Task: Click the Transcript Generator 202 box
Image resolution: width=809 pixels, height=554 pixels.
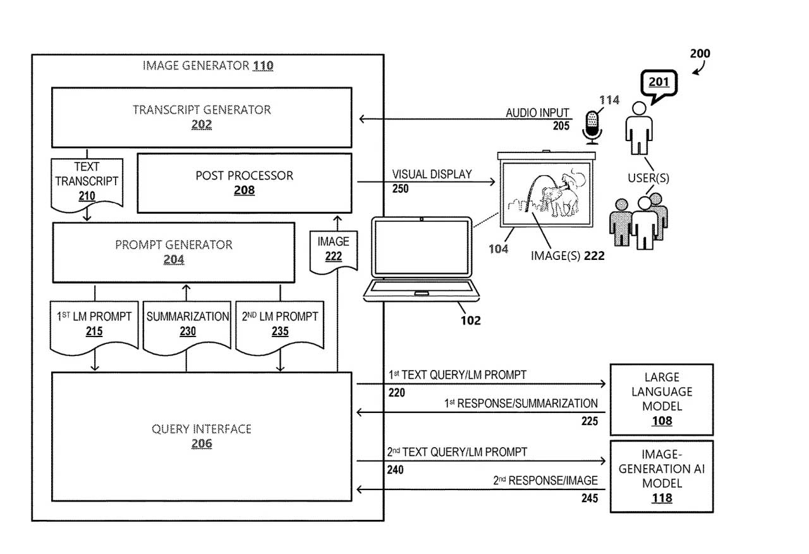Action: (202, 118)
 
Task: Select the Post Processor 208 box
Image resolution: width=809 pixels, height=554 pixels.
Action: (244, 182)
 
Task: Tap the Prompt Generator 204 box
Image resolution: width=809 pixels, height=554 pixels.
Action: (173, 252)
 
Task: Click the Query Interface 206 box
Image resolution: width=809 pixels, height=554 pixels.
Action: (201, 436)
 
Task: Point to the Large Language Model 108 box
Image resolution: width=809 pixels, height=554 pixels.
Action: (661, 399)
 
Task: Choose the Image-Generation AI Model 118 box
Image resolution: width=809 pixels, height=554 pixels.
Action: (661, 476)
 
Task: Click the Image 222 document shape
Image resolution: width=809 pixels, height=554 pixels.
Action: (333, 250)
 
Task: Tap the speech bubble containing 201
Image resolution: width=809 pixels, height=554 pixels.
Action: (658, 82)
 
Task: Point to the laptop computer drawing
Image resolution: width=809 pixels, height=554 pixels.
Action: (422, 259)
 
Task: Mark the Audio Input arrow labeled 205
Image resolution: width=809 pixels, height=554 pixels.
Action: (465, 119)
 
